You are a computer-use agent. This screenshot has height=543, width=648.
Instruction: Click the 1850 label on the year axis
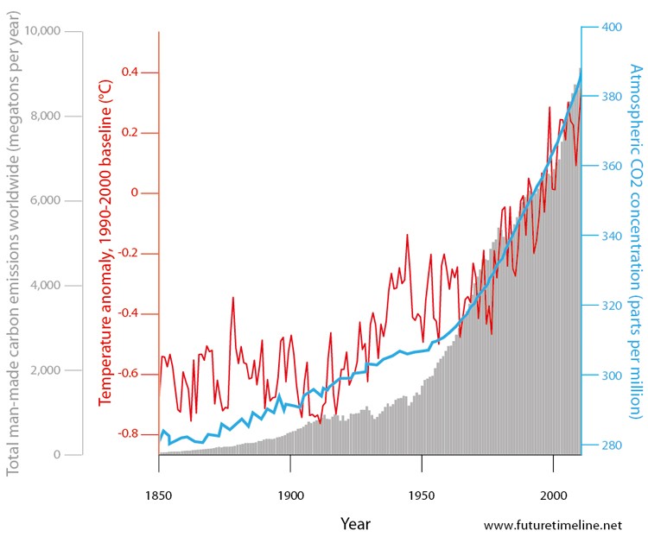pyautogui.click(x=159, y=471)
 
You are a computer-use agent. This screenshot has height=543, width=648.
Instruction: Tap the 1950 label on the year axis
pyautogui.click(x=422, y=471)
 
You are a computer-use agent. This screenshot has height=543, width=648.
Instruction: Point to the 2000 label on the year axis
pyautogui.click(x=553, y=471)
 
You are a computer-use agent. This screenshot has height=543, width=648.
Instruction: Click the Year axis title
pyautogui.click(x=355, y=523)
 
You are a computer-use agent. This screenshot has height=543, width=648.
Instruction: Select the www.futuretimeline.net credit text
pyautogui.click(x=553, y=524)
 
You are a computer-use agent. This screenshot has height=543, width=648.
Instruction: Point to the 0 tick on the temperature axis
pyautogui.click(x=133, y=193)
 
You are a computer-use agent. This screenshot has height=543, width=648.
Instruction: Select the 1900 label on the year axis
pyautogui.click(x=290, y=471)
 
